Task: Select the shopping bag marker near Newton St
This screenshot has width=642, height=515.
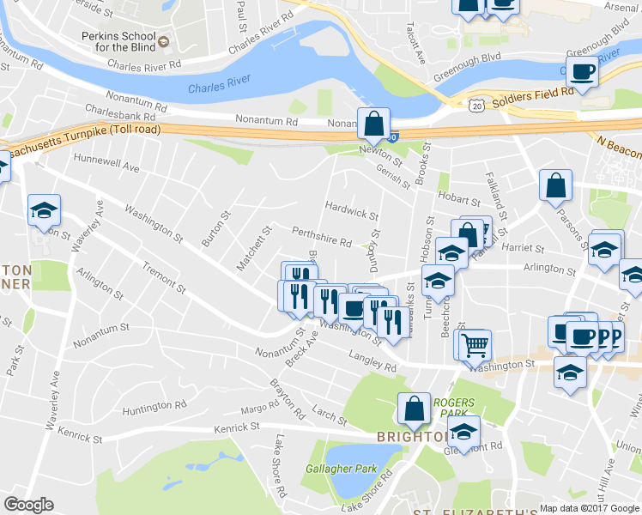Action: [x=374, y=124]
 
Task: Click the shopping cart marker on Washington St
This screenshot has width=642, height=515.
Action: [x=474, y=346]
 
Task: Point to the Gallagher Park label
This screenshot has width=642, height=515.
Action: [x=341, y=469]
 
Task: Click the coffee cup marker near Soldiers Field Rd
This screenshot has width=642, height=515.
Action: [x=582, y=74]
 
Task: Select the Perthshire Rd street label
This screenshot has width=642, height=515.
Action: [x=322, y=237]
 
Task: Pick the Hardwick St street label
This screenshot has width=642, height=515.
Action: [x=351, y=210]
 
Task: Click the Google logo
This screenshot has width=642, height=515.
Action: [x=28, y=505]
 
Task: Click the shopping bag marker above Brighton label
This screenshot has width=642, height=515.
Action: [x=414, y=409]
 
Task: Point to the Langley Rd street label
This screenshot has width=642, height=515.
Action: [x=372, y=361]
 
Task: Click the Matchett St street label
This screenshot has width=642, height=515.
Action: [x=253, y=248]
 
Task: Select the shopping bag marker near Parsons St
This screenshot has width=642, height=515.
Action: [x=555, y=185]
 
